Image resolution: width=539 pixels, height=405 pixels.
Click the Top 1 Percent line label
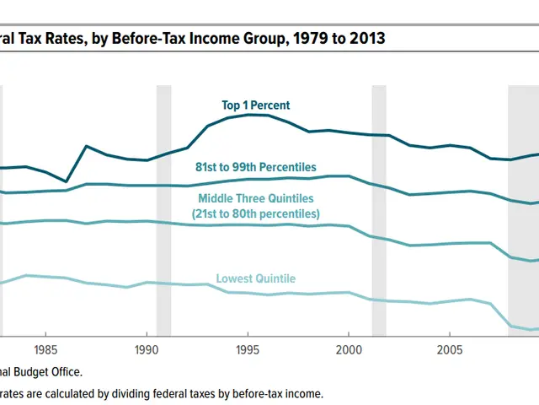(x=255, y=105)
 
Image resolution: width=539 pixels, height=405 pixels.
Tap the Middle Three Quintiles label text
(x=255, y=198)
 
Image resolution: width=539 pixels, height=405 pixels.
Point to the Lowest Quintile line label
(x=256, y=278)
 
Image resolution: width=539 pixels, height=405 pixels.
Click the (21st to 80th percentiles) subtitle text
(x=255, y=214)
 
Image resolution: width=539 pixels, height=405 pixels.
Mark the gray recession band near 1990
(x=163, y=211)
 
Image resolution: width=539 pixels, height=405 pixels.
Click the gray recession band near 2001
(x=379, y=211)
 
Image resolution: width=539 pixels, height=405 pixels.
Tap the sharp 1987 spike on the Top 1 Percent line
(x=86, y=146)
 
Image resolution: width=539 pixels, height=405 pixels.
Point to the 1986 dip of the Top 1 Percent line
(x=67, y=181)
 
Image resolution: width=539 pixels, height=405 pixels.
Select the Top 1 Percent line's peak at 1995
(x=248, y=114)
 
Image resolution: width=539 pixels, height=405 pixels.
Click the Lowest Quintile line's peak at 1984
(x=26, y=275)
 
